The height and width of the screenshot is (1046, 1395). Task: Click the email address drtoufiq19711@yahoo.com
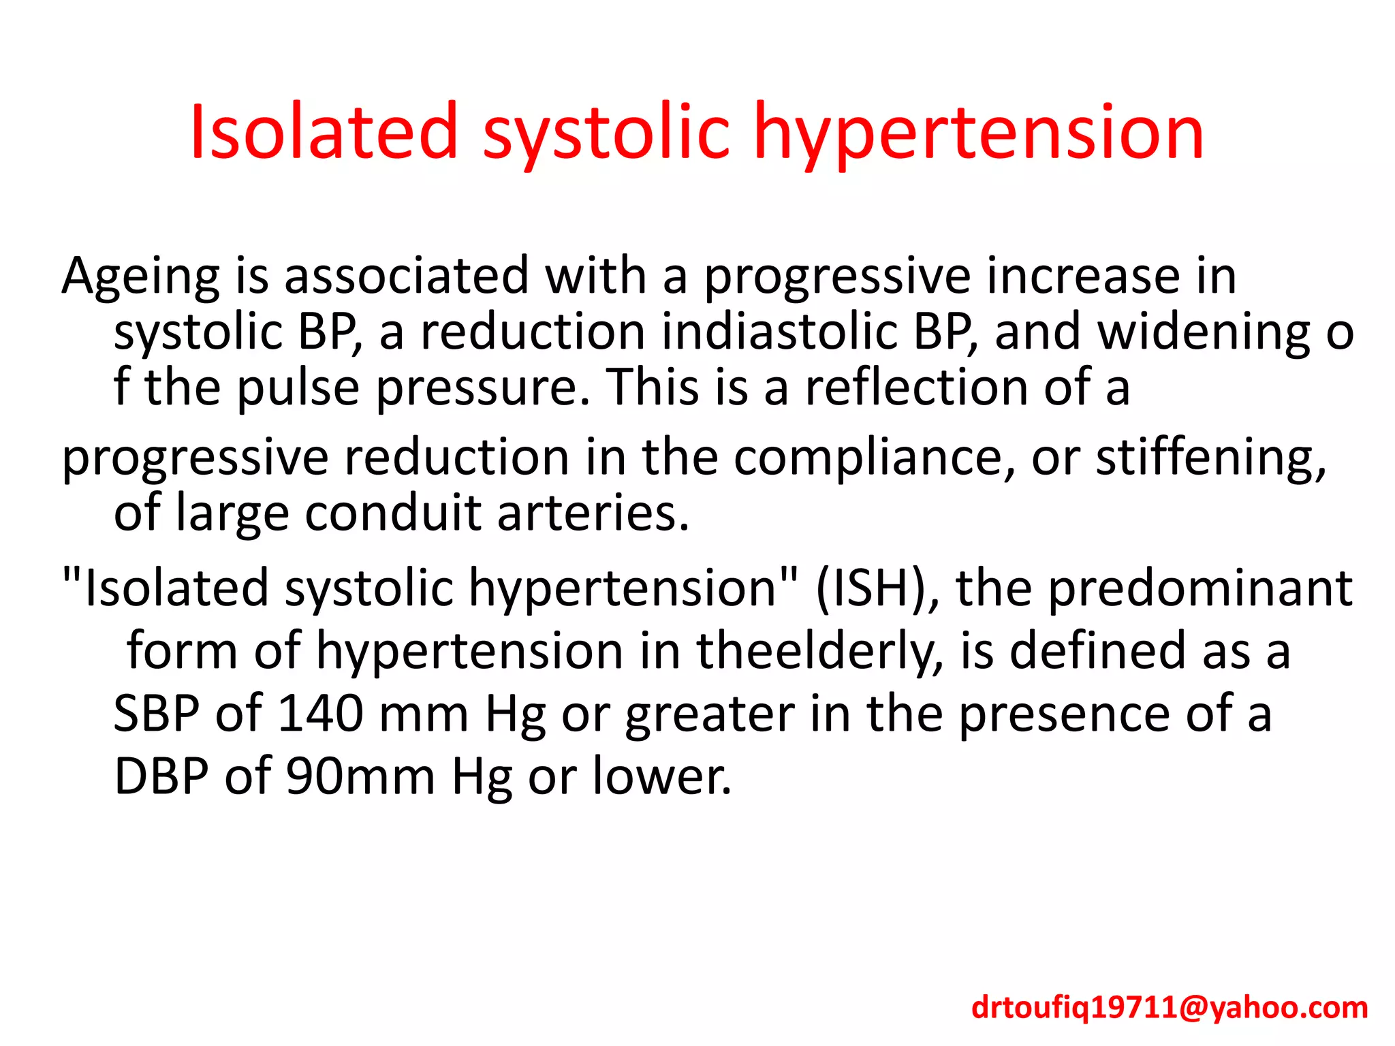1170,1007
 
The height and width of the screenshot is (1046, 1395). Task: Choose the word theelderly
820,650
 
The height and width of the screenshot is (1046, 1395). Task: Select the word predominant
1200,588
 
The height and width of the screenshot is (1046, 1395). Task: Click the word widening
1204,332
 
